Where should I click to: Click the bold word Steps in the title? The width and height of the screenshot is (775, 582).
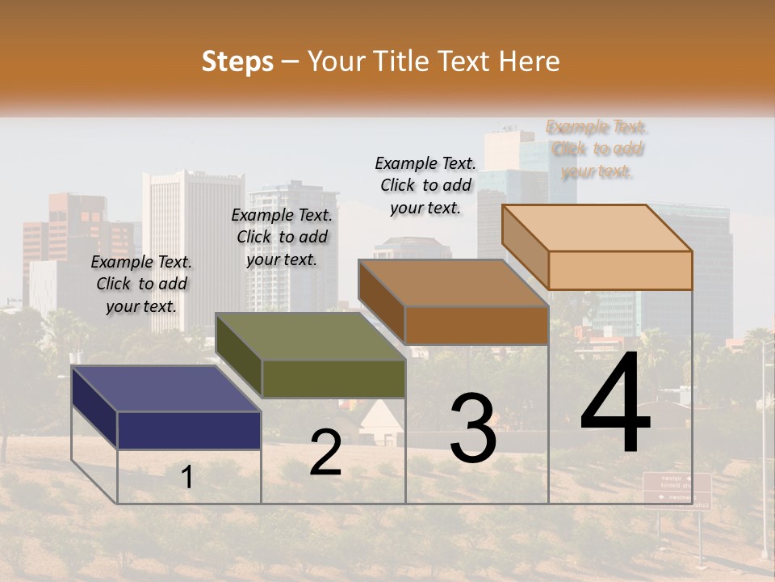[237, 61]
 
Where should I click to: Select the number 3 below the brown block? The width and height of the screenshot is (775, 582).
[473, 428]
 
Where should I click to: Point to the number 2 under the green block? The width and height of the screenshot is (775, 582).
[325, 453]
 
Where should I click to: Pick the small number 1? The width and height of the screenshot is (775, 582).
[187, 478]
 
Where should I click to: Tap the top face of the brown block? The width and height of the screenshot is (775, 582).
[453, 283]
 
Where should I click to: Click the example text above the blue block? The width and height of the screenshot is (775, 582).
[141, 284]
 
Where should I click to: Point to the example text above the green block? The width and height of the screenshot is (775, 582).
[282, 237]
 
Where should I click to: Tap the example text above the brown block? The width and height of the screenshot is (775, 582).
[425, 185]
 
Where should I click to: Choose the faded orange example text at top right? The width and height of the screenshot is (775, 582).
[597, 149]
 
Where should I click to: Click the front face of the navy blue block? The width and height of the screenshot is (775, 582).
[189, 430]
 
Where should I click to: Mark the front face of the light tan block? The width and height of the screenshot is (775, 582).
[620, 270]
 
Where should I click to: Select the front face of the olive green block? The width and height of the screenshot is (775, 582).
[333, 378]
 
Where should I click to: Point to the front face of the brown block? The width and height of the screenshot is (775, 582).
[476, 325]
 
